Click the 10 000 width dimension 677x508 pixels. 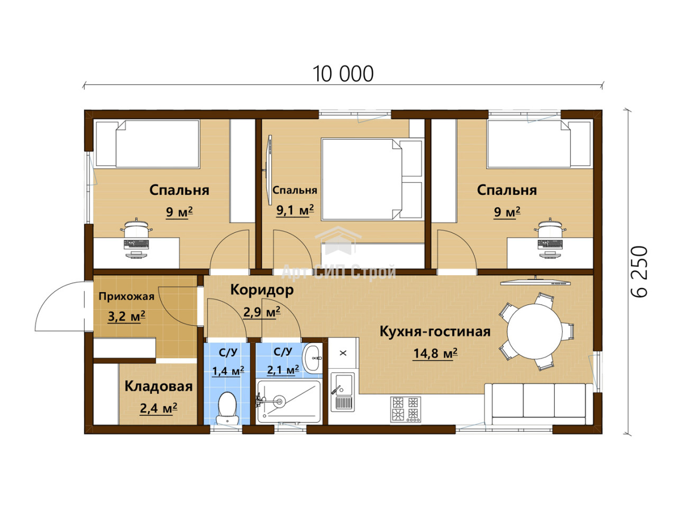pyautogui.click(x=343, y=74)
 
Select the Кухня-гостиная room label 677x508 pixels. pyautogui.click(x=435, y=332)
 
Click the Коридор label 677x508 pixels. pyautogui.click(x=262, y=290)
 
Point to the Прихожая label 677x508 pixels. pyautogui.click(x=126, y=296)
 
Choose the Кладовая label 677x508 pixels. pyautogui.click(x=159, y=386)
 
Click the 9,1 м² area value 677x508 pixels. pyautogui.click(x=295, y=210)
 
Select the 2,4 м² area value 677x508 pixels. pyautogui.click(x=159, y=408)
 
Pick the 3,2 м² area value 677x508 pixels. pyautogui.click(x=126, y=316)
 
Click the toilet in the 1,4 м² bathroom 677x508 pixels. pyautogui.click(x=227, y=408)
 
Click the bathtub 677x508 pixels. pyautogui.click(x=289, y=402)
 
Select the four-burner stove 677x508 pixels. pyautogui.click(x=405, y=409)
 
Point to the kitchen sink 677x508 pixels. pyautogui.click(x=343, y=392)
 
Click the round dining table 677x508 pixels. pyautogui.click(x=535, y=332)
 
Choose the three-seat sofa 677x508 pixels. pyautogui.click(x=538, y=404)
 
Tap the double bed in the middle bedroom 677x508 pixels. pyautogui.click(x=371, y=179)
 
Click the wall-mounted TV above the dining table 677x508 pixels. pyautogui.click(x=535, y=282)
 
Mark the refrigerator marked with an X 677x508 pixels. pyautogui.click(x=343, y=353)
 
